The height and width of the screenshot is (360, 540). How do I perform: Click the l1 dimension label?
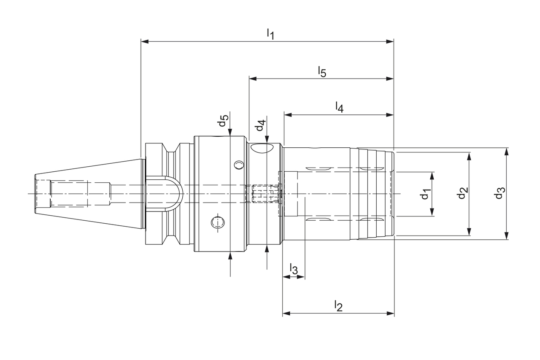pos(270,33)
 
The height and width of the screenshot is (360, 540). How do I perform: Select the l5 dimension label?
pos(322,71)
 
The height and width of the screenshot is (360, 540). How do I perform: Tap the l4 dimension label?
pos(339,107)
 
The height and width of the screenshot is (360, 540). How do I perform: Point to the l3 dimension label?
pos(294,268)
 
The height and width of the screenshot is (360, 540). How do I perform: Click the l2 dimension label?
pos(338,305)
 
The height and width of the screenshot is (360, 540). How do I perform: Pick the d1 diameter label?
pos(426,195)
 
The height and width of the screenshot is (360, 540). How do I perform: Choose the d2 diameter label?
pos(463,194)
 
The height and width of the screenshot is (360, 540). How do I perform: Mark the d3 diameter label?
pos(499,194)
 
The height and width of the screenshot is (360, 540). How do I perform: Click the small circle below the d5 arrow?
pos(239,165)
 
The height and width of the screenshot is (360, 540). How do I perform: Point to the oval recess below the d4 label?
pos(262,148)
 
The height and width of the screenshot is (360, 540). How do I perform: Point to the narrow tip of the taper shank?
pos(35,194)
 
